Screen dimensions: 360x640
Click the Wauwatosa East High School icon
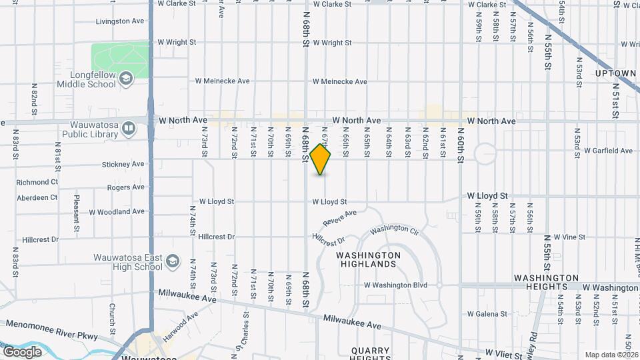pyautogui.click(x=173, y=261)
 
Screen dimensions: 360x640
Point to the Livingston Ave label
pyautogui.click(x=120, y=21)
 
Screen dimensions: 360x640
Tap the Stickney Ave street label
pyautogui.click(x=123, y=164)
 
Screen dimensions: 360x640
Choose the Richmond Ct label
pyautogui.click(x=37, y=182)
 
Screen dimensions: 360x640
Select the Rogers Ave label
pyautogui.click(x=126, y=187)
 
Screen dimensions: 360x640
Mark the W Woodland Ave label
pyautogui.click(x=117, y=212)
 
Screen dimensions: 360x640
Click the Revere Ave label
pyautogui.click(x=340, y=217)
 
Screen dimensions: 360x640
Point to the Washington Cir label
pyautogui.click(x=394, y=229)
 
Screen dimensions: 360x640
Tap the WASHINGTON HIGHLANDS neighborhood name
pyautogui.click(x=368, y=259)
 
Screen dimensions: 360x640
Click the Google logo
pyautogui.click(x=22, y=351)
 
